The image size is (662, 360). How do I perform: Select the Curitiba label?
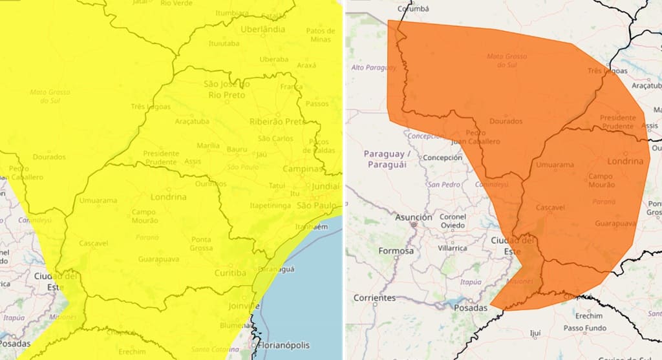click(230, 273)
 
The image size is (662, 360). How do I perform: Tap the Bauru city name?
click(237, 149)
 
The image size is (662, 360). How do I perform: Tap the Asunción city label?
click(413, 218)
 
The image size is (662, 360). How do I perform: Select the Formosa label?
click(396, 251)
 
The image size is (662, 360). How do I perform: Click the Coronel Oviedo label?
click(453, 221)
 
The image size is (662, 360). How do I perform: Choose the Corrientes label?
click(374, 298)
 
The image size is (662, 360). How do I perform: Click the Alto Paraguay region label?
click(374, 68)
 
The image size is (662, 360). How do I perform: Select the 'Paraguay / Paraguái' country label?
click(387, 159)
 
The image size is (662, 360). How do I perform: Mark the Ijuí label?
click(535, 334)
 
